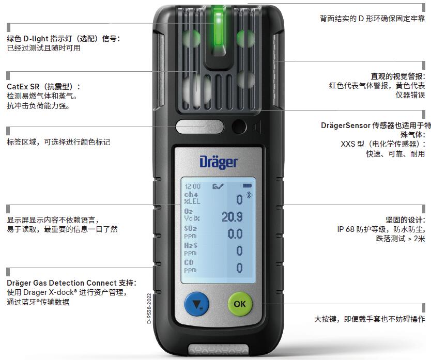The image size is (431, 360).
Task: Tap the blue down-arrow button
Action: point(196,304)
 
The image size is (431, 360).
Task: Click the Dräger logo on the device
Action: point(218,162)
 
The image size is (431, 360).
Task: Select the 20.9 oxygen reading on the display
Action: point(232,217)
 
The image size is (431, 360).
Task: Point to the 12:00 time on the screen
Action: point(193,186)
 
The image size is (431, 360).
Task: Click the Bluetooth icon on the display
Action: point(249,195)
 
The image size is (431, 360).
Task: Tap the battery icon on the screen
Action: point(248,186)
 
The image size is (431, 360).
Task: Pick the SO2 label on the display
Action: point(191,228)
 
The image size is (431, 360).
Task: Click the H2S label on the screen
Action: point(191,245)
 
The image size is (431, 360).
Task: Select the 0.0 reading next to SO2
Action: point(235,234)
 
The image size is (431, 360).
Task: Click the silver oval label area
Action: point(200,127)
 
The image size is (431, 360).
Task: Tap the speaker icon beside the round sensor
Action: point(256,127)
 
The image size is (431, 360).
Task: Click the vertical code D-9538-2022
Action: point(149,308)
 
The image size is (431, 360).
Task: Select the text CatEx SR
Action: point(23,87)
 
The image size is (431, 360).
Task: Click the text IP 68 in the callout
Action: point(346,229)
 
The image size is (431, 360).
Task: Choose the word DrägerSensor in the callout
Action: point(346,126)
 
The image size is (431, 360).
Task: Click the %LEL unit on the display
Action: point(192,201)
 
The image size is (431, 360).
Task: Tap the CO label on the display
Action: point(189,262)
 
